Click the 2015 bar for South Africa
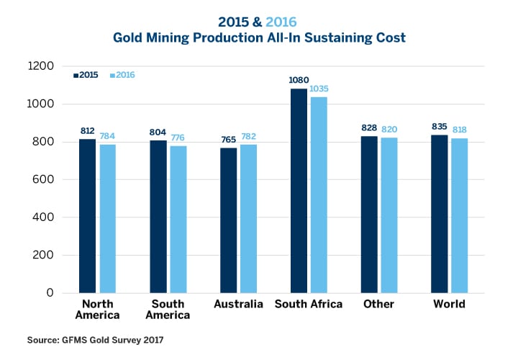299,191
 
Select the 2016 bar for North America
108,219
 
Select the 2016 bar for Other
388,215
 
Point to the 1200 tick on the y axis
41,66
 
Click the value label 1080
299,81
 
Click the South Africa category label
308,304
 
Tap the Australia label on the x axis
238,304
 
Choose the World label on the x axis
449,304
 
